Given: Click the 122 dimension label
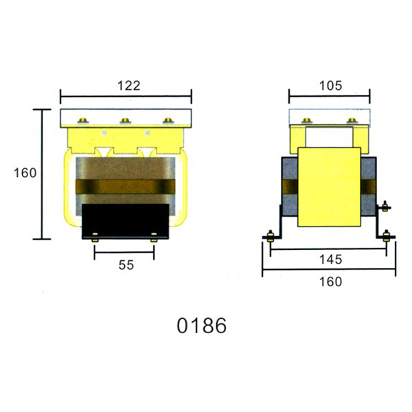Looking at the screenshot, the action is tap(129, 86).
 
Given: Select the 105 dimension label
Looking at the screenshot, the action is tap(330, 86).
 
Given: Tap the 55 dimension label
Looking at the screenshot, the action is tap(126, 265).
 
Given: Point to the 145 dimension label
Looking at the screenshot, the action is tap(330, 260).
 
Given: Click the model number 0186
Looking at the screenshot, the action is tap(201, 325).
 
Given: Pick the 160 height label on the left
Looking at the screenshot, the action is tap(25, 173).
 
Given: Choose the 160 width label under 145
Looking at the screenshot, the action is tap(330, 282).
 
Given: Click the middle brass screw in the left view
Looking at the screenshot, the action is tap(125, 121).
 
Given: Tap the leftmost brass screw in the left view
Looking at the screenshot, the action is tap(83, 121).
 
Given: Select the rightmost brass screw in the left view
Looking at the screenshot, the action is tap(168, 121).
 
